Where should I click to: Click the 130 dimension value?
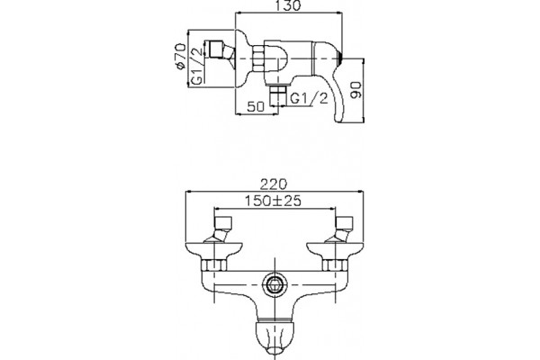click(288, 5)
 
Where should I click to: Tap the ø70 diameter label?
click(181, 57)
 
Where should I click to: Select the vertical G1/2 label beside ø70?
click(196, 67)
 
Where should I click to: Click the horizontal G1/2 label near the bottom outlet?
click(309, 98)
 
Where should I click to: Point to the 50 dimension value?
click(256, 106)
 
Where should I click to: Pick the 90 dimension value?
click(355, 90)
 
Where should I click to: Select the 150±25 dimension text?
click(273, 201)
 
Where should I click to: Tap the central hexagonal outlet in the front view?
click(274, 285)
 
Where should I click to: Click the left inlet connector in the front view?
click(220, 229)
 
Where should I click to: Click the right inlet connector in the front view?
click(340, 229)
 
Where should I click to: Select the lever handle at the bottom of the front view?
click(274, 337)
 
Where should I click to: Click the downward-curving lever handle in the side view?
click(330, 79)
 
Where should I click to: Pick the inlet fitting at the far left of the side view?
click(219, 50)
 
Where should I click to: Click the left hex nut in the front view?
click(214, 265)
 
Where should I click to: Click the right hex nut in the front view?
click(335, 265)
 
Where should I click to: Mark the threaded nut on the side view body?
click(258, 59)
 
